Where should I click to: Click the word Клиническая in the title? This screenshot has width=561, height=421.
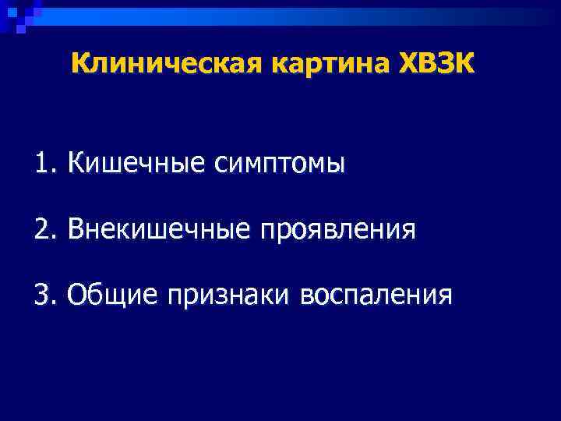(168, 63)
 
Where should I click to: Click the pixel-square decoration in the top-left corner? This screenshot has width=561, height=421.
(17, 14)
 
